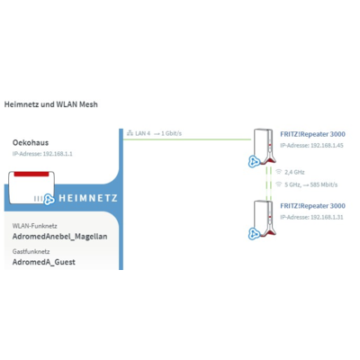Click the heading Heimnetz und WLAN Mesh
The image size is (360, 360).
tap(51, 104)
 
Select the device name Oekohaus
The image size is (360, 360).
tap(31, 142)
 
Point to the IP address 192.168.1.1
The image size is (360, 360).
tap(58, 154)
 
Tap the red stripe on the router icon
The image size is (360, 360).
tap(31, 174)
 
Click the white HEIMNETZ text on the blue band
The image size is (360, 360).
tap(88, 198)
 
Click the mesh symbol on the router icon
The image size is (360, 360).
tap(49, 199)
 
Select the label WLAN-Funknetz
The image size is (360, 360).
tap(35, 226)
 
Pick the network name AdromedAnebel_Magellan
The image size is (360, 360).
tap(59, 237)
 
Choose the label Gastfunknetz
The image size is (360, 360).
tap(31, 251)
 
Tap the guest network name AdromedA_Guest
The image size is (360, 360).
tap(44, 262)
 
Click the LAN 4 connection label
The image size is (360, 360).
tap(142, 133)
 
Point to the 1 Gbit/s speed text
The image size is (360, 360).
tap(171, 133)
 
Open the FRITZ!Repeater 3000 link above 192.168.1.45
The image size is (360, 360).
tap(312, 134)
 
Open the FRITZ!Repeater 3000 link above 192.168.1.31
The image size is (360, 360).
tap(312, 206)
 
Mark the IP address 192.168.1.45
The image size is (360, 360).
tap(327, 146)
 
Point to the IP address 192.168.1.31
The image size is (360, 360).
tap(327, 217)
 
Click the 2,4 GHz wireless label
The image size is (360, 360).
tap(294, 172)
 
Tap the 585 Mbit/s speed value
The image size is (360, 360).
tap(324, 184)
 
